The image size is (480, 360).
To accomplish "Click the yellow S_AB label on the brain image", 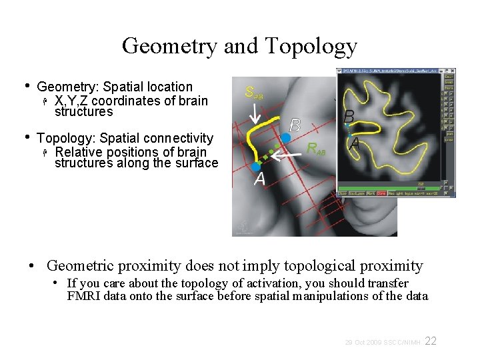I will click(x=254, y=93).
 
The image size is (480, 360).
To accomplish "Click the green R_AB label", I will click(x=316, y=149).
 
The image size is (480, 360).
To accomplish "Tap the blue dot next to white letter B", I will click(x=285, y=137).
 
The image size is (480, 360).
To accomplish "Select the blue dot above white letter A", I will click(x=257, y=166).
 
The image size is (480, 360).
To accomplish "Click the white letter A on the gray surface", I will click(x=259, y=179).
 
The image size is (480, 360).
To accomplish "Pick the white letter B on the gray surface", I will click(x=295, y=125).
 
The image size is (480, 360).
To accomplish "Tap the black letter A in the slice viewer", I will click(x=355, y=142).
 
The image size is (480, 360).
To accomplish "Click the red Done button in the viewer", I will click(x=381, y=193).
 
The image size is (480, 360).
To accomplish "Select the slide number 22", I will click(x=431, y=341).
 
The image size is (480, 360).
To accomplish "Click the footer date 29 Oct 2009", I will click(x=363, y=342).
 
